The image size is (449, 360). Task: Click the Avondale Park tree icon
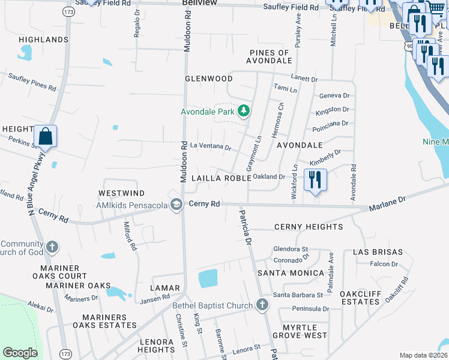244,111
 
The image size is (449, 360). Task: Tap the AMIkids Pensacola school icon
176,205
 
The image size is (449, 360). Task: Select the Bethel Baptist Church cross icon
261,305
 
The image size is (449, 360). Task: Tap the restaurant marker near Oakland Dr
315,179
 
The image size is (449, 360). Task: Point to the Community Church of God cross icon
52,247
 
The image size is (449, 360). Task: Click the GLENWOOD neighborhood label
208,79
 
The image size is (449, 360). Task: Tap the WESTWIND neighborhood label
121,193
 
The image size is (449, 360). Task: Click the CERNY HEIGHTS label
309,227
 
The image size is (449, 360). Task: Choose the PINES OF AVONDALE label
269,57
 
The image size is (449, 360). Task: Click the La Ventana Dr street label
210,146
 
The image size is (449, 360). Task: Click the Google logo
20,353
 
